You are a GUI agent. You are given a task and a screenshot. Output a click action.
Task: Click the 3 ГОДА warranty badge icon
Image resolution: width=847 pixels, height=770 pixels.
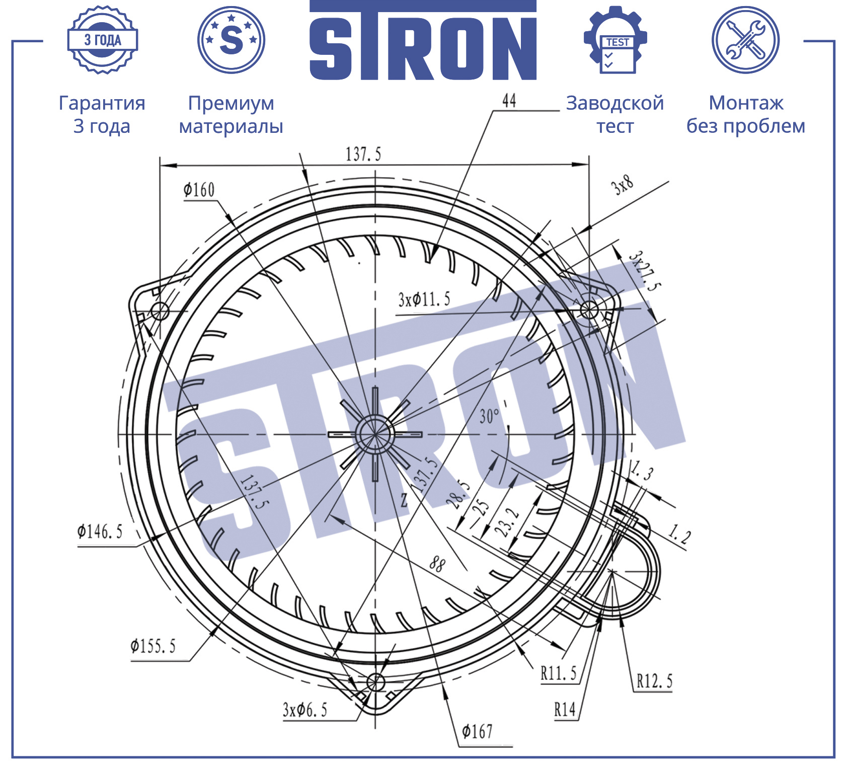[x=103, y=40]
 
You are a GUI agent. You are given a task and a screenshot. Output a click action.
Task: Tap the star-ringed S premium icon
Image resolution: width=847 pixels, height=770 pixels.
[x=231, y=40]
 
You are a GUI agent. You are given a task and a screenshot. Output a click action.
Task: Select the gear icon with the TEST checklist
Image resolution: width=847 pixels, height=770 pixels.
[x=615, y=40]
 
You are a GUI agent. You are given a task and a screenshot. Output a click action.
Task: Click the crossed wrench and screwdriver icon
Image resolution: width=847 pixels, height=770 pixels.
[x=745, y=40]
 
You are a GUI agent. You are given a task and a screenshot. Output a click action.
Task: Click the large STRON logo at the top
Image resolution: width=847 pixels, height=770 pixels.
[x=423, y=40]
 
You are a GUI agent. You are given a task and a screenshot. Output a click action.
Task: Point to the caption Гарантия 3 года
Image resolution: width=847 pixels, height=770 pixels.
[x=102, y=114]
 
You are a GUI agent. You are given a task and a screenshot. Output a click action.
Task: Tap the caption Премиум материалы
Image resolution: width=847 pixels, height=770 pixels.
[x=231, y=114]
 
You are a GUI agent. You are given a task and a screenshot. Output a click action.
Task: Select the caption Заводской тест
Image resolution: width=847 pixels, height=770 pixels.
[x=615, y=114]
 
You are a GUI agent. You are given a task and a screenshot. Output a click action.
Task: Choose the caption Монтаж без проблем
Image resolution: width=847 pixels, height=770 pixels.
[x=746, y=114]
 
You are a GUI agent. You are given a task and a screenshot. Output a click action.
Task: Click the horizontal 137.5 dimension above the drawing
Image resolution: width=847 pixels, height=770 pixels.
[x=363, y=154]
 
